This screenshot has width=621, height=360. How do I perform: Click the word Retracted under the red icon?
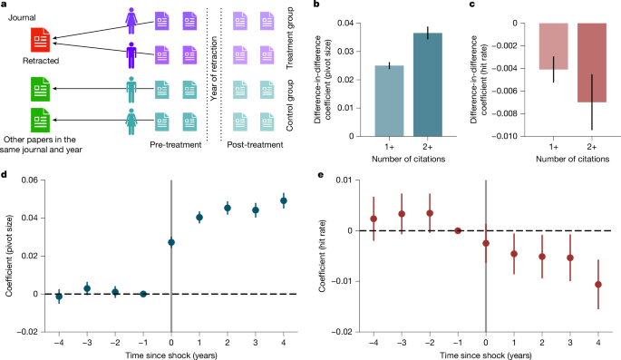point(42,63)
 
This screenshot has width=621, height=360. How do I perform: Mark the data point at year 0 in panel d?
point(171,242)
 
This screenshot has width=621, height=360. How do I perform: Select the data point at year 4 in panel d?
point(283,200)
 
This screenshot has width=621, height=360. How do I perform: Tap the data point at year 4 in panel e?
point(597,284)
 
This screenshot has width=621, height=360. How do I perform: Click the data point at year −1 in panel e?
point(458,230)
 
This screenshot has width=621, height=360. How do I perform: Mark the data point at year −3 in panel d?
point(87,288)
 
